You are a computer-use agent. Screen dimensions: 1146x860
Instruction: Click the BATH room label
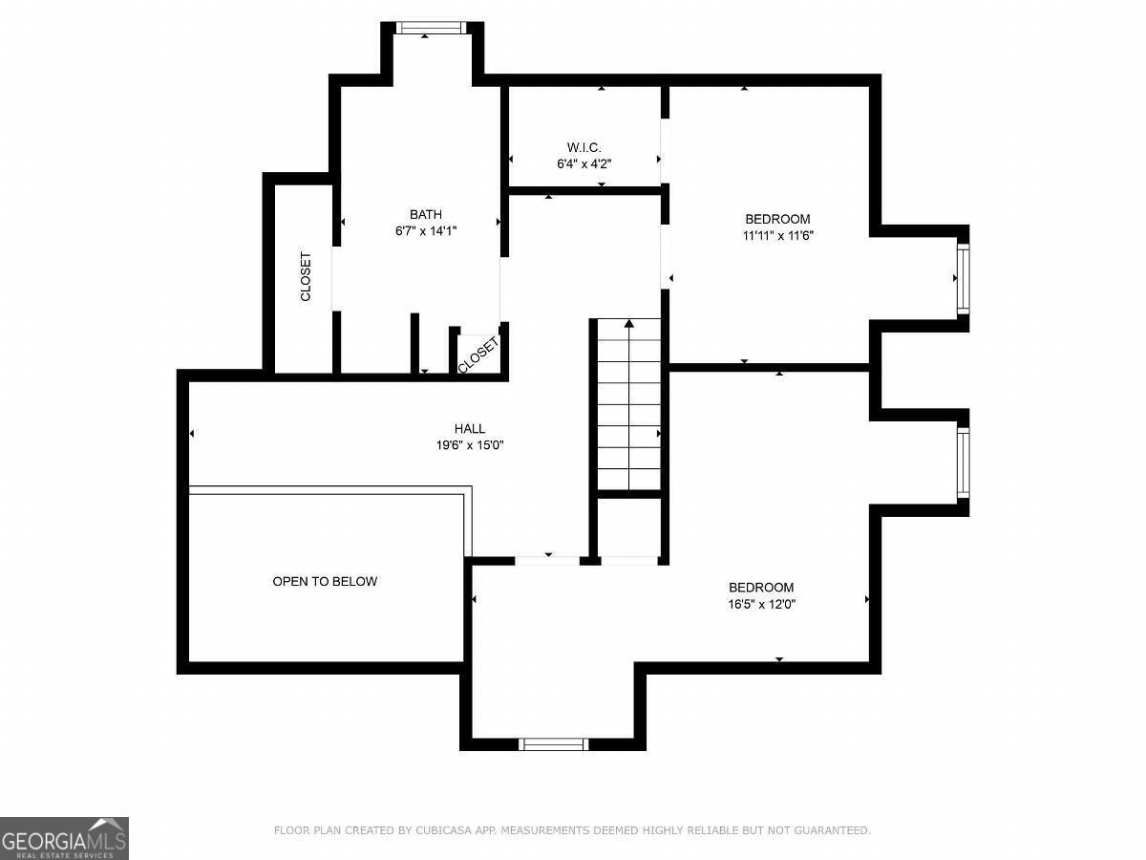tap(426, 215)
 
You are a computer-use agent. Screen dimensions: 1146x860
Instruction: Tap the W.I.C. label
tap(584, 148)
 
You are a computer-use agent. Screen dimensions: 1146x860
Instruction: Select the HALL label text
tap(469, 429)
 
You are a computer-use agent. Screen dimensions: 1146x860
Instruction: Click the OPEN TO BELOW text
tap(325, 581)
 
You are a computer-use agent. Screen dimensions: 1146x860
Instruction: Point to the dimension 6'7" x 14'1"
tap(426, 231)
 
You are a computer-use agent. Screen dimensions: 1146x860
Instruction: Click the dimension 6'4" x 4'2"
tap(584, 164)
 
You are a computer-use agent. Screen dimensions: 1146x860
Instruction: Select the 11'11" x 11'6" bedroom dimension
tap(778, 235)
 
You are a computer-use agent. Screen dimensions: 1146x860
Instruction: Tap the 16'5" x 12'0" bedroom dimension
tap(762, 604)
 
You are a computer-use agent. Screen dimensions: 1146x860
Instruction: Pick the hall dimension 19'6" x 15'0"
tap(470, 445)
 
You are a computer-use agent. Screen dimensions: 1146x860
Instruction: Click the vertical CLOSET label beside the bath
tap(306, 277)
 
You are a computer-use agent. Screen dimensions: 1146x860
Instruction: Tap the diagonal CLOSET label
tap(478, 355)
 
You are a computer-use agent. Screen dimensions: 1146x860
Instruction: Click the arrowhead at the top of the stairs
tap(629, 323)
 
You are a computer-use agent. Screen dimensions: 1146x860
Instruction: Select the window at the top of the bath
tap(431, 28)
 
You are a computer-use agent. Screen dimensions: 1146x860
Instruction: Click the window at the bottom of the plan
tap(553, 744)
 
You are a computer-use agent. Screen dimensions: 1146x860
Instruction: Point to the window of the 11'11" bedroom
tap(963, 279)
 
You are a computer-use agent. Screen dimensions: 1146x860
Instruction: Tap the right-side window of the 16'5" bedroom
tap(963, 463)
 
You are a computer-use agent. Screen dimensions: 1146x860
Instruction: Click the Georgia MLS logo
tap(64, 839)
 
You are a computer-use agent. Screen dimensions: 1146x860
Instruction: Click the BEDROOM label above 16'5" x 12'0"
tap(762, 588)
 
